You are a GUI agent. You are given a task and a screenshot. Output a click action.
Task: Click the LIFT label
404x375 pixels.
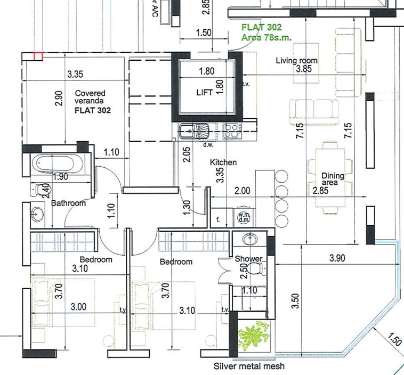[x=205, y=93]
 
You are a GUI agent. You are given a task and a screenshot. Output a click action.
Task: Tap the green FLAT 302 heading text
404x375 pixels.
[x=262, y=27]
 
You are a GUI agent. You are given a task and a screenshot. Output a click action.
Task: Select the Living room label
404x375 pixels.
[x=296, y=61]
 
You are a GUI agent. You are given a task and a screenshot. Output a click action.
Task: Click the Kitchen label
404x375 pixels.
[x=223, y=162]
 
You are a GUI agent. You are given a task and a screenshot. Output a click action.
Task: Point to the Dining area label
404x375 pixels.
[x=333, y=179]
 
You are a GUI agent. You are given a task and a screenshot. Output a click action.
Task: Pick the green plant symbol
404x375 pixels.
[x=254, y=335]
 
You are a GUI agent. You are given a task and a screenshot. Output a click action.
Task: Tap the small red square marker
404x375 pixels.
[x=38, y=56]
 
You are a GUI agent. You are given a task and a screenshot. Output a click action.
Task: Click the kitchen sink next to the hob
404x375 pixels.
[x=188, y=131]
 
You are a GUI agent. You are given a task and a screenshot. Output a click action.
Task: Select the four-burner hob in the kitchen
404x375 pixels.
[x=232, y=131]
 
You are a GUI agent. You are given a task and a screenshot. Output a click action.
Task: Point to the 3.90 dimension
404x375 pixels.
[x=337, y=258]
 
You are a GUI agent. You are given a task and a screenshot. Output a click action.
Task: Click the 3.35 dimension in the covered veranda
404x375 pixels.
[x=75, y=74]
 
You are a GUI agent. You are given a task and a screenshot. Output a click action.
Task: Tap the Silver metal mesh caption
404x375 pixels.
[x=249, y=366]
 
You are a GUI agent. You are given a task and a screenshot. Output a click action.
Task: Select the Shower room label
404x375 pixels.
[x=248, y=258]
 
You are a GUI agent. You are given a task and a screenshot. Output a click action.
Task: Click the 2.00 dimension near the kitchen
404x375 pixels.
[x=242, y=191]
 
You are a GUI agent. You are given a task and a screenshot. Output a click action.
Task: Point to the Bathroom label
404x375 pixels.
[x=69, y=203]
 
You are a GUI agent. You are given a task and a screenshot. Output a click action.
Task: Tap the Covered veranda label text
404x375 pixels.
[x=90, y=96]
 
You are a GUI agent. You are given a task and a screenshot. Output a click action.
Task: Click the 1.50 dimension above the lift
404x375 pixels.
[x=204, y=33]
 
